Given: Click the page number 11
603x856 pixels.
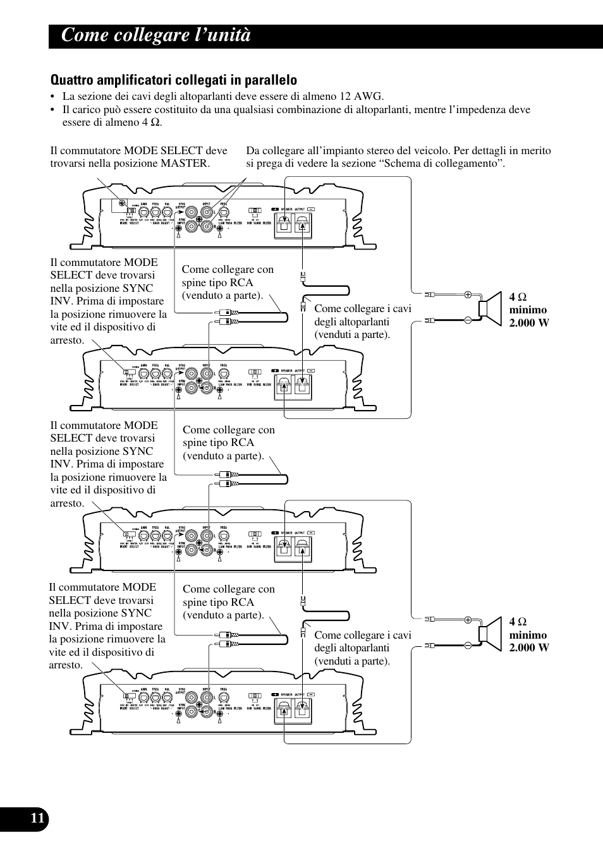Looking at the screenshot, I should pos(37,818).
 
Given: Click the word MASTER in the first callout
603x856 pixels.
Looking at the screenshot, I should pos(185,164).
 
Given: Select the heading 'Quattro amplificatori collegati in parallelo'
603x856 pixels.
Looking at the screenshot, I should pos(173,80).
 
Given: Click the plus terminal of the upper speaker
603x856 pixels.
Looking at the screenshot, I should pos(468,294).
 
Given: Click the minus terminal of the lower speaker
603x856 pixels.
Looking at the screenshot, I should pos(468,646).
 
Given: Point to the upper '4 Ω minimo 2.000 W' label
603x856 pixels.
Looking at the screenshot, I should pos(529,310).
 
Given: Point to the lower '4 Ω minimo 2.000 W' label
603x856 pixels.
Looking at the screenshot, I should pos(529,635).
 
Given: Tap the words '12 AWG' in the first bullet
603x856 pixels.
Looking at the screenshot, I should pos(363,97).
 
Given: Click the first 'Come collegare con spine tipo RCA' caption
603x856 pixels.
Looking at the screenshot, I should pos(228,282).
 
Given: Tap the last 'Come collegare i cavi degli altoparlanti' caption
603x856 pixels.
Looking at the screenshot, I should pos(362,648).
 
